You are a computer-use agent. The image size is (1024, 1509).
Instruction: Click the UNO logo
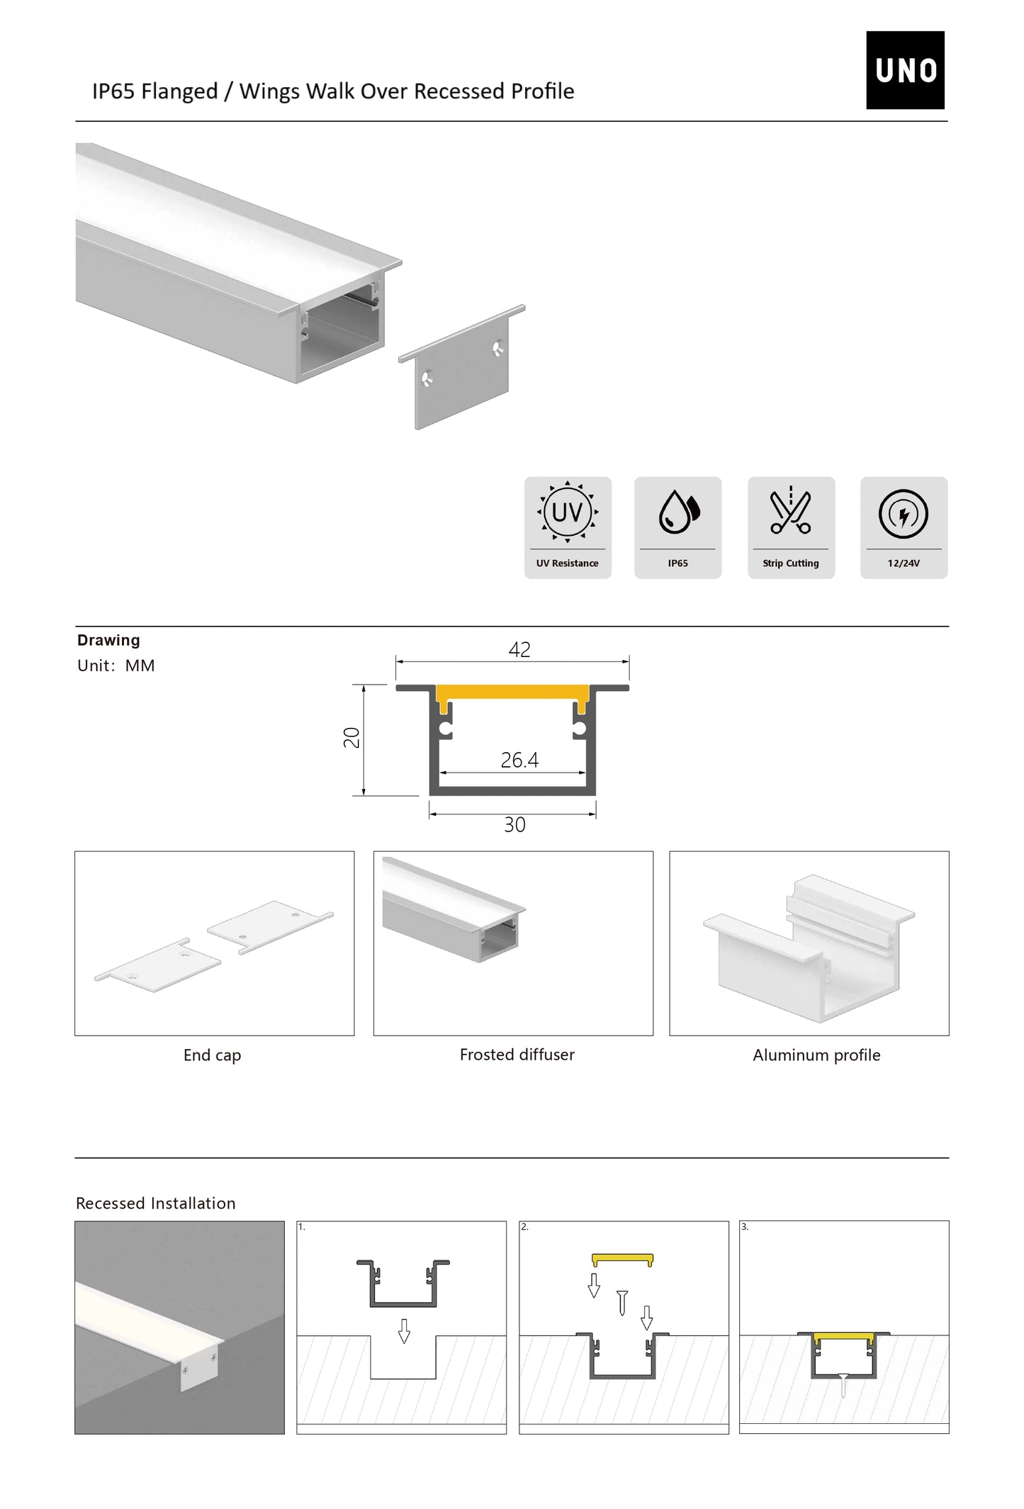tap(904, 69)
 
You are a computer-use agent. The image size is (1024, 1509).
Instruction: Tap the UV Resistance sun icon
tap(567, 511)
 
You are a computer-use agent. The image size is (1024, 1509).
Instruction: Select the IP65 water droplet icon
tap(678, 511)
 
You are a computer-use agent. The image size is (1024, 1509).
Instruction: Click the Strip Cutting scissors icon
tap(790, 511)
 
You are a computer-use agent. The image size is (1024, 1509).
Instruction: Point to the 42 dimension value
tap(519, 649)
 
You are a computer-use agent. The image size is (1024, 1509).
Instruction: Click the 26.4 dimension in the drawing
tap(519, 760)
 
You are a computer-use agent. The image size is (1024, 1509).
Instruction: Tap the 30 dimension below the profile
tap(514, 824)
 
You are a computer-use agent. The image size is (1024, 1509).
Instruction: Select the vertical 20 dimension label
tap(351, 737)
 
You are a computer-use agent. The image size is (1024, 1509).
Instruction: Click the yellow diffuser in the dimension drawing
tap(512, 692)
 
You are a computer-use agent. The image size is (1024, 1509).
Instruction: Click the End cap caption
tap(212, 1055)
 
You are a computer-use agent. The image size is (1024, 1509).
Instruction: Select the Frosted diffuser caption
tap(517, 1055)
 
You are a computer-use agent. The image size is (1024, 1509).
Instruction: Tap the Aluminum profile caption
tap(816, 1055)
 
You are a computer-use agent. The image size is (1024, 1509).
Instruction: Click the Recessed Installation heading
tap(155, 1204)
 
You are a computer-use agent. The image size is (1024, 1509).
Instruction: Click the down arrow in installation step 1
tap(404, 1331)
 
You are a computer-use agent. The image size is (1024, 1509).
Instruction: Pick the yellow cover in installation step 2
tap(622, 1260)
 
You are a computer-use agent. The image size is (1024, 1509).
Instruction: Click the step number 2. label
tap(524, 1227)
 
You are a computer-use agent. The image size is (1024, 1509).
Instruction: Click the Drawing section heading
tap(108, 640)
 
